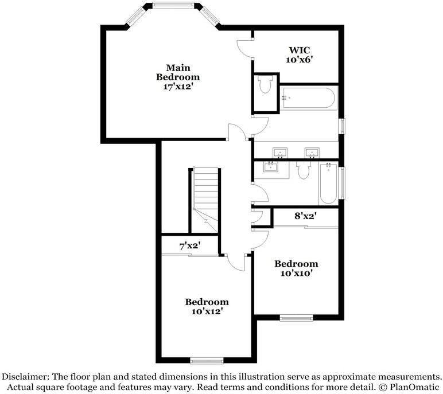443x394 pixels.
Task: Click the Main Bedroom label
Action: (179, 72)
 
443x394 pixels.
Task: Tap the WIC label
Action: (299, 49)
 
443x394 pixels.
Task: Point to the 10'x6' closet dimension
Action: (299, 58)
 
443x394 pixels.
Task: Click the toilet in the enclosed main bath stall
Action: (265, 86)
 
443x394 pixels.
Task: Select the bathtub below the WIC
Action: (308, 98)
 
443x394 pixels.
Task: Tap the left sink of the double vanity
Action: (281, 153)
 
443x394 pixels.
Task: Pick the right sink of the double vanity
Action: (312, 153)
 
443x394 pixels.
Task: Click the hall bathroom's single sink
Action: (270, 167)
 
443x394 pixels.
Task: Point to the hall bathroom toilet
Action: (304, 169)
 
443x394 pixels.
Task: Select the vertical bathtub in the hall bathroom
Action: (328, 184)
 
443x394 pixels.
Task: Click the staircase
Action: (205, 198)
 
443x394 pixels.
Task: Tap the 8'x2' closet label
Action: (306, 217)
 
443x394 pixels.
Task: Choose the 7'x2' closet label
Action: (189, 246)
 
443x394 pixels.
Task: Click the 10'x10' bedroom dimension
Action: (296, 273)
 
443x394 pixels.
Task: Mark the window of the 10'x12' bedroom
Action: (206, 361)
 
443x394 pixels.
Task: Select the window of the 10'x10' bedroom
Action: (296, 318)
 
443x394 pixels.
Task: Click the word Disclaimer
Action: (26, 377)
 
